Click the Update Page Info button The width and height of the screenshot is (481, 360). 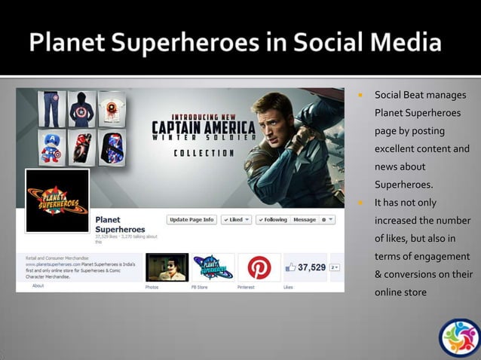[192, 220]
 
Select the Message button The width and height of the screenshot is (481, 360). [305, 220]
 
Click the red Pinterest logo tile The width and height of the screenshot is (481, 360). [259, 267]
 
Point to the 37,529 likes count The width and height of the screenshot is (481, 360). [311, 267]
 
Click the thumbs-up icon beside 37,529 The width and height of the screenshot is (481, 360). [290, 267]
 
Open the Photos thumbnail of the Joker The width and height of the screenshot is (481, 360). [167, 267]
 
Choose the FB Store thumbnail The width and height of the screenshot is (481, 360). [213, 267]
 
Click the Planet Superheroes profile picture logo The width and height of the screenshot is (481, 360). [57, 200]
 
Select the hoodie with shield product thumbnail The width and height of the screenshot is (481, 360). [81, 109]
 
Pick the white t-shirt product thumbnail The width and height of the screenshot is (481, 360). [111, 109]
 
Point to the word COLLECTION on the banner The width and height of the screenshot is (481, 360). [204, 153]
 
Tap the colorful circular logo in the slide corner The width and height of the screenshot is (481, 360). [459, 338]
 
